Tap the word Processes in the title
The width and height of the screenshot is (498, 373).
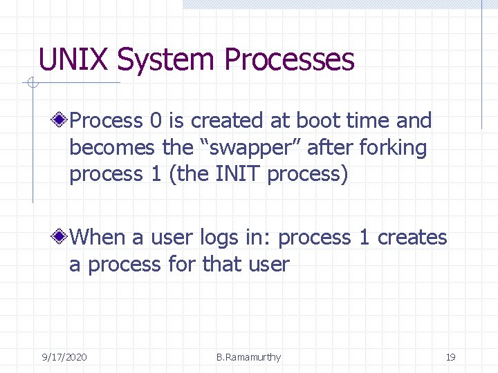tap(288, 60)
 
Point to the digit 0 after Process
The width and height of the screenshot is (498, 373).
tap(156, 121)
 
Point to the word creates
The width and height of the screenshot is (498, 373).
tap(412, 238)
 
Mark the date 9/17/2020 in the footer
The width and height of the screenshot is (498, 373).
tap(64, 357)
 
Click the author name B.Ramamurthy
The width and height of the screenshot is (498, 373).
tap(248, 357)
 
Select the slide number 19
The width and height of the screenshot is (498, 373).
tap(450, 357)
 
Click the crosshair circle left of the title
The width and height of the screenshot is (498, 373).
tap(31, 84)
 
